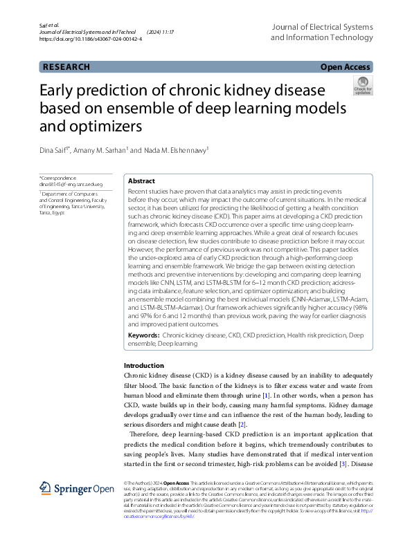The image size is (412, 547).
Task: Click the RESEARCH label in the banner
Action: click(66, 67)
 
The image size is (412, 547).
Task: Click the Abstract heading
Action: click(141, 180)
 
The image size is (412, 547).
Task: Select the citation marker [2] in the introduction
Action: click(242, 423)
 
